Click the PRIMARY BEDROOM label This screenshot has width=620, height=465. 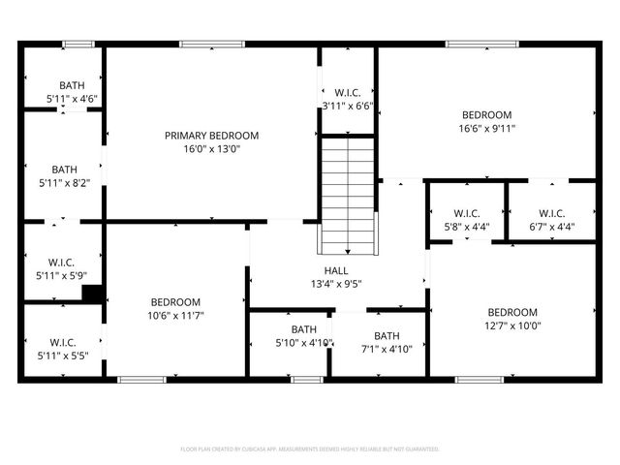tap(211, 136)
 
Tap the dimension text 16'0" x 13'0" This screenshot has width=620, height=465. tap(211, 149)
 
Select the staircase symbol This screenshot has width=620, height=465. tap(347, 194)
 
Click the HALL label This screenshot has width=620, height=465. tap(336, 270)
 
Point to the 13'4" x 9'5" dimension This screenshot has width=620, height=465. tap(336, 284)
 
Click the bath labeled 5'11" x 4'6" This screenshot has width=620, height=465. tap(72, 92)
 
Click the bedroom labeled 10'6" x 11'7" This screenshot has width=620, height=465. tap(175, 308)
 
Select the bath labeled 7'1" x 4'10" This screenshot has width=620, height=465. tap(387, 342)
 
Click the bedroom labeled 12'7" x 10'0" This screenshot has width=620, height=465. tap(511, 319)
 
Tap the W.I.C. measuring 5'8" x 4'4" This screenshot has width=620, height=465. tap(466, 220)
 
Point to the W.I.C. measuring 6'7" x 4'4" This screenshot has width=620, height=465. tap(552, 220)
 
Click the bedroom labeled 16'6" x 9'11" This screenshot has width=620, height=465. tap(486, 120)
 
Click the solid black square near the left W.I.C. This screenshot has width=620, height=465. tap(94, 294)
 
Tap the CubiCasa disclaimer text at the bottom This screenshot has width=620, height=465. tap(310, 449)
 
